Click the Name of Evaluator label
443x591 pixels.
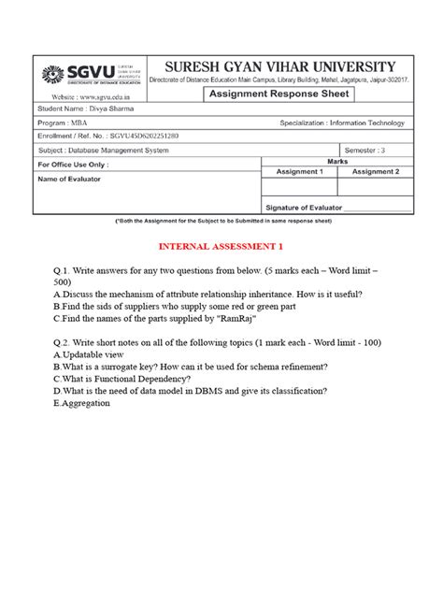(x=70, y=178)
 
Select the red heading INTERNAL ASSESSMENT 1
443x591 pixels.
(x=221, y=246)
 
